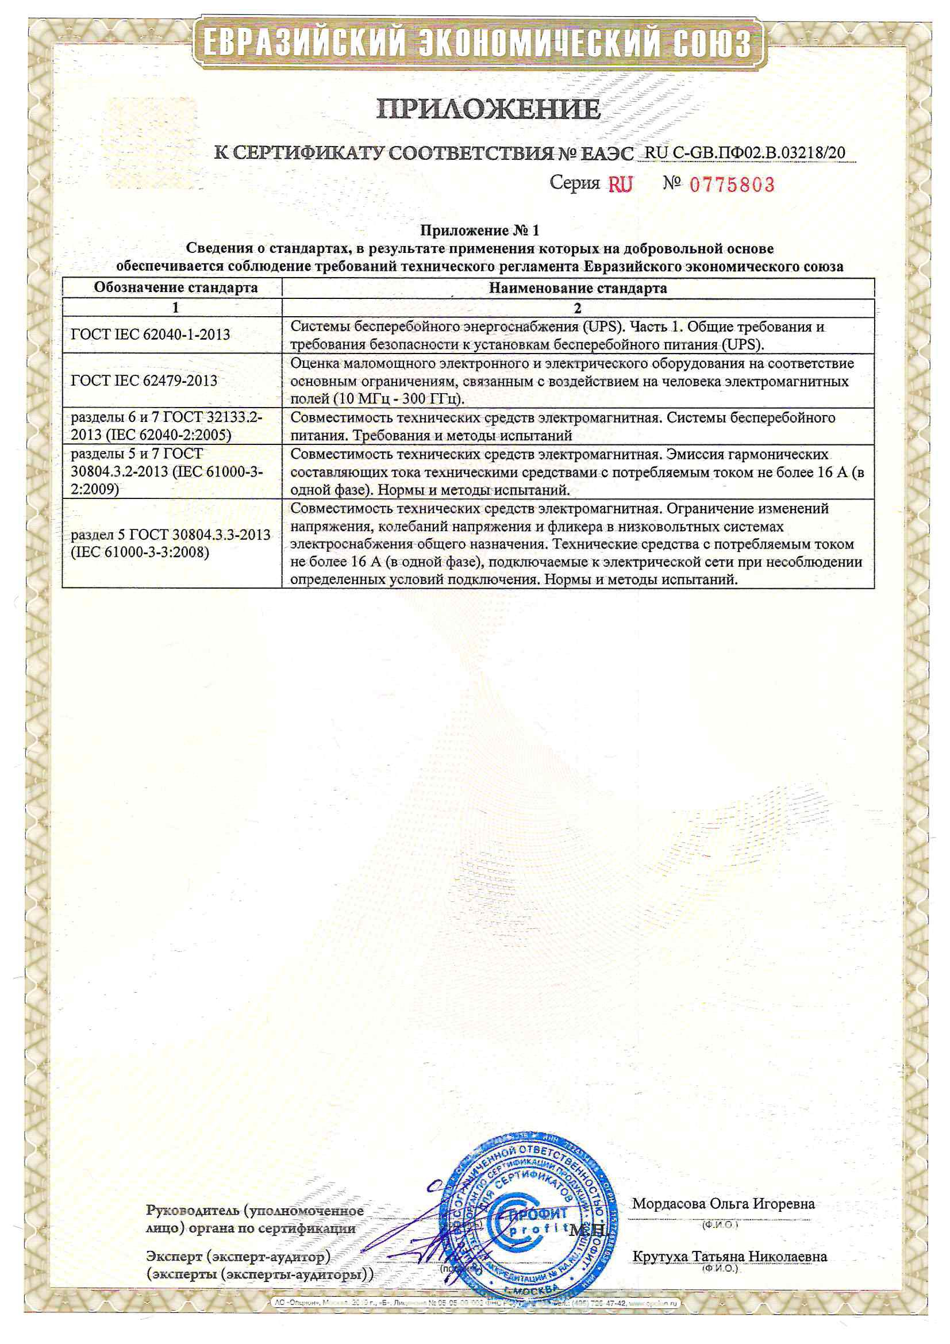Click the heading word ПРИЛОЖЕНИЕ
tap(488, 109)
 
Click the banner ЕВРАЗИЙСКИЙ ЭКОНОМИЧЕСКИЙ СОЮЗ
tap(478, 43)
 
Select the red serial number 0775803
tap(732, 185)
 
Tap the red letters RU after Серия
tap(621, 185)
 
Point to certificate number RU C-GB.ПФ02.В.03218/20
tap(745, 153)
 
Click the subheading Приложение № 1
tap(479, 230)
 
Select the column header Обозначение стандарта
tap(175, 287)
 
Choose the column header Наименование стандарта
tap(577, 288)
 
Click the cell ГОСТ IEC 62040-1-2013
tap(151, 335)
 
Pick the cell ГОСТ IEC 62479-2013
tap(144, 381)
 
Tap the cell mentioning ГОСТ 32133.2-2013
tap(167, 426)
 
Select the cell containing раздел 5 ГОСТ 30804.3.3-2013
tap(170, 543)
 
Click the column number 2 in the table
tap(577, 308)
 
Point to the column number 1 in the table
tap(175, 308)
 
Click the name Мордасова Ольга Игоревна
tap(723, 1204)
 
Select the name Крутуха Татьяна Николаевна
tap(729, 1257)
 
